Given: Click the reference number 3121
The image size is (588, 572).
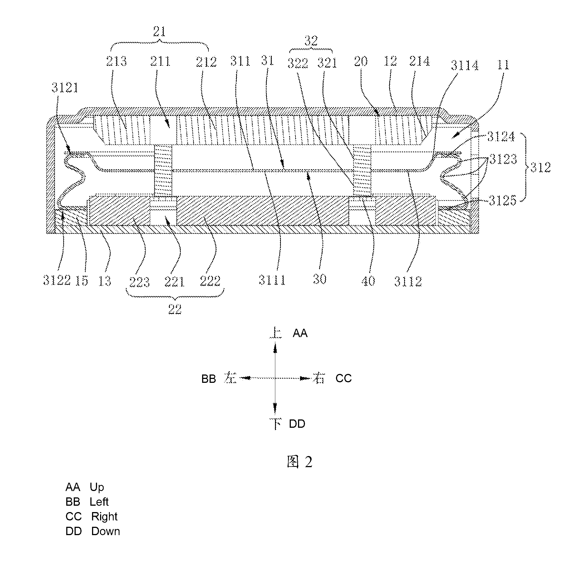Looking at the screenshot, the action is pyautogui.click(x=65, y=88).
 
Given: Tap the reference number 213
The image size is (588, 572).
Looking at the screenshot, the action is pyautogui.click(x=116, y=61).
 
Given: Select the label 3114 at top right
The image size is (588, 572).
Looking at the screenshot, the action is pyautogui.click(x=465, y=65).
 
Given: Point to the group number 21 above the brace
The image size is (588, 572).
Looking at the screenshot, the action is pyautogui.click(x=159, y=31).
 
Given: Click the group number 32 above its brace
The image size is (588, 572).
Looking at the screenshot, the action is pyautogui.click(x=311, y=41).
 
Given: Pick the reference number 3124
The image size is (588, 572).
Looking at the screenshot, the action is pyautogui.click(x=501, y=137).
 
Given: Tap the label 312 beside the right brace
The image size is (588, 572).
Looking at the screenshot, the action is pyautogui.click(x=541, y=167).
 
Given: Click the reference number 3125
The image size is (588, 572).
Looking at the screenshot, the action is pyautogui.click(x=502, y=200).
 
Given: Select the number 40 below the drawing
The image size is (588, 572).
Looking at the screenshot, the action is pyautogui.click(x=368, y=281).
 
